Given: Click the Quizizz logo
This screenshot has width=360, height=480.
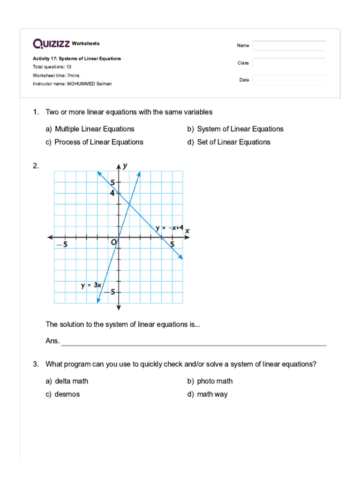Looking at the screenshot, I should click(x=51, y=44).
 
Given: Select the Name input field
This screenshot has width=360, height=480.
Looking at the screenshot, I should click(x=289, y=45).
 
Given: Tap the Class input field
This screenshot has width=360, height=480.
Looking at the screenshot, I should click(x=289, y=63).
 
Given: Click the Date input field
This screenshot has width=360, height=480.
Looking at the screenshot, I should click(x=289, y=80).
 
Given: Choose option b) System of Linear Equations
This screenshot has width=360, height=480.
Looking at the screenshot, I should click(x=235, y=129).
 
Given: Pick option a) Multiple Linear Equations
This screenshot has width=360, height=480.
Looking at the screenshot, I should click(x=90, y=129).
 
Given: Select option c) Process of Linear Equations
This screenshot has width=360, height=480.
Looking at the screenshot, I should click(x=94, y=142).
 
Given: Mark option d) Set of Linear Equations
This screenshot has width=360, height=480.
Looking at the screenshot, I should click(x=229, y=142).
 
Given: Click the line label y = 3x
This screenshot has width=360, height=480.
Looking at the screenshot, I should click(x=91, y=285).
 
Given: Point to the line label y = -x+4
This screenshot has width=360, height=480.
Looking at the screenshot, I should click(x=170, y=228).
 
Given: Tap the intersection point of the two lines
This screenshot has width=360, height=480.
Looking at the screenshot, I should click(x=129, y=203).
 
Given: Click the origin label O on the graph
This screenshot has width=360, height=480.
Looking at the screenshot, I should click(x=113, y=242).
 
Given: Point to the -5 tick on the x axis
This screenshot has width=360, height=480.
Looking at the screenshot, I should click(x=62, y=245).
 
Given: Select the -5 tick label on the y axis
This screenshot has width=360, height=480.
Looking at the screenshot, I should click(x=109, y=292).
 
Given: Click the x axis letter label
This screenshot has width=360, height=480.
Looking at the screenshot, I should click(x=187, y=231).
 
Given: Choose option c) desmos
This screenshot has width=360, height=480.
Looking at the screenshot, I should click(x=63, y=394).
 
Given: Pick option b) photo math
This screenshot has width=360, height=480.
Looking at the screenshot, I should click(x=210, y=381).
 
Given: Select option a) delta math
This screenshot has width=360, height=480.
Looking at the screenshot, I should click(x=67, y=381).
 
